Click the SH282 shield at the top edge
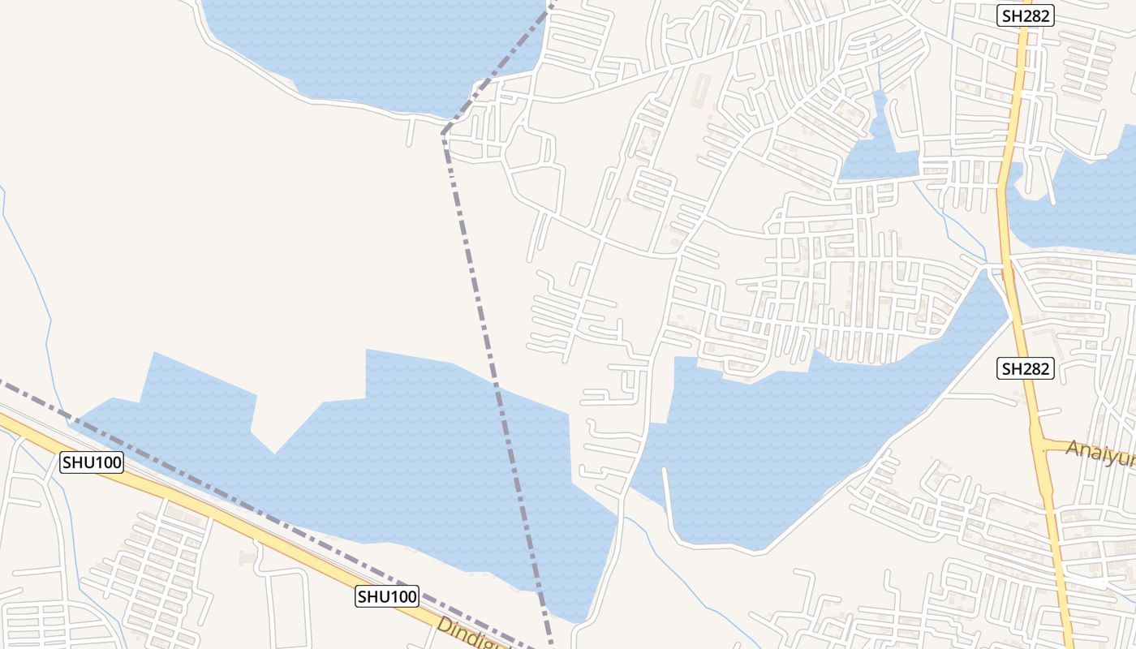pos(1025,15)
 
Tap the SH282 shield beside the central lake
pos(1025,369)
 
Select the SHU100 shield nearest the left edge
pos(92,463)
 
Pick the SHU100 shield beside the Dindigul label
pos(387,597)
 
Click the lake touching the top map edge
pos(373,49)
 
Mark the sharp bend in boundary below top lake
pos(443,134)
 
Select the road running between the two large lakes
pos(637,454)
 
